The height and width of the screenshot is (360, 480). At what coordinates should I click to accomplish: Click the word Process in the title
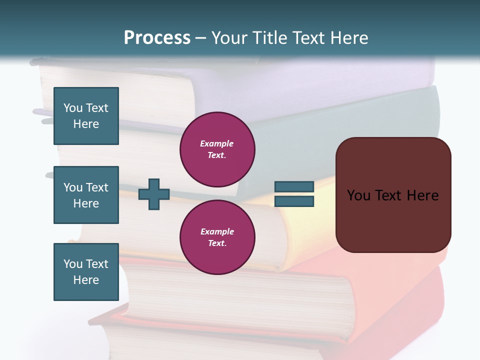pyautogui.click(x=157, y=38)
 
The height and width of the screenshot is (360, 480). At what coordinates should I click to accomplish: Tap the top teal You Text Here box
pyautogui.click(x=86, y=116)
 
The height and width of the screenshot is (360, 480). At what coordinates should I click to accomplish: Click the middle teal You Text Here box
pyautogui.click(x=86, y=195)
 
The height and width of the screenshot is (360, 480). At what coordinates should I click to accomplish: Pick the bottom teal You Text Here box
pyautogui.click(x=86, y=272)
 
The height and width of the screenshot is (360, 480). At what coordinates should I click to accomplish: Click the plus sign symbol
pyautogui.click(x=154, y=194)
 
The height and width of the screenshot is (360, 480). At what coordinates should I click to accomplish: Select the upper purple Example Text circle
pyautogui.click(x=217, y=149)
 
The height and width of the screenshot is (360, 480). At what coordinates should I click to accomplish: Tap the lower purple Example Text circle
pyautogui.click(x=217, y=237)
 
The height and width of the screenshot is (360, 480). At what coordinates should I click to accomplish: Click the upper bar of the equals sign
pyautogui.click(x=294, y=187)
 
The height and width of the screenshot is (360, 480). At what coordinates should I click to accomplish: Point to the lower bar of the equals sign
pyautogui.click(x=294, y=201)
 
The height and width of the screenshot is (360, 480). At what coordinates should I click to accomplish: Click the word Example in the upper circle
pyautogui.click(x=217, y=143)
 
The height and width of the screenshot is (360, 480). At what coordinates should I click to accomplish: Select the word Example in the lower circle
pyautogui.click(x=217, y=231)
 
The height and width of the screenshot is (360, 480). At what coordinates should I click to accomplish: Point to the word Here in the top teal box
pyautogui.click(x=86, y=124)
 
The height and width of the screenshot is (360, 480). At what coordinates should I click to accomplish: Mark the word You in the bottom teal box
pyautogui.click(x=72, y=264)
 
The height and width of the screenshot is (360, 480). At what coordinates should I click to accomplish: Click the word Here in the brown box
pyautogui.click(x=422, y=195)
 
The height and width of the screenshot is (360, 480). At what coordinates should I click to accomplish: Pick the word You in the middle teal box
pyautogui.click(x=72, y=187)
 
